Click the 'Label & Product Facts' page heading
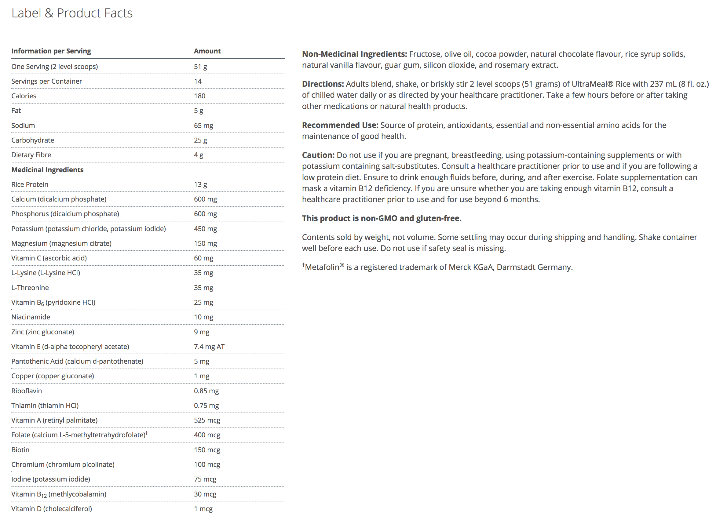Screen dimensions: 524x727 [72, 13]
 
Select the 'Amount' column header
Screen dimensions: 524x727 [207, 51]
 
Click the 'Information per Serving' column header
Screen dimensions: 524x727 [51, 51]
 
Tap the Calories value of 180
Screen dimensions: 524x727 [199, 96]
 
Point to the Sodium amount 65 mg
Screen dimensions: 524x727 [203, 125]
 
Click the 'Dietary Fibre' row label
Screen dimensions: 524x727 [31, 155]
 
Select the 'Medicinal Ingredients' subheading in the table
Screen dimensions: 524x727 [47, 169]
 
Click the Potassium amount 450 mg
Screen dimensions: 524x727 [205, 228]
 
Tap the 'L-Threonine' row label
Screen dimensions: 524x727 [30, 287]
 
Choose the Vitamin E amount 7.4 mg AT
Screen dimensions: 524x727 [209, 347]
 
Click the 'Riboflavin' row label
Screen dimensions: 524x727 [27, 391]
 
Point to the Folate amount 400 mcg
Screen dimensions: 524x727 [207, 435]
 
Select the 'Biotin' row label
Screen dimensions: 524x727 [20, 450]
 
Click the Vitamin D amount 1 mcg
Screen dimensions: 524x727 [203, 509]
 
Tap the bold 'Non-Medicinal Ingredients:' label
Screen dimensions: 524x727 [354, 54]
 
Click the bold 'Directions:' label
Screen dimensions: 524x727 [323, 84]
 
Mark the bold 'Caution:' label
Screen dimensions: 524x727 [318, 155]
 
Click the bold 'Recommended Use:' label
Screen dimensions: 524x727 [340, 125]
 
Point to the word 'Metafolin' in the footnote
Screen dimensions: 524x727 [322, 267]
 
